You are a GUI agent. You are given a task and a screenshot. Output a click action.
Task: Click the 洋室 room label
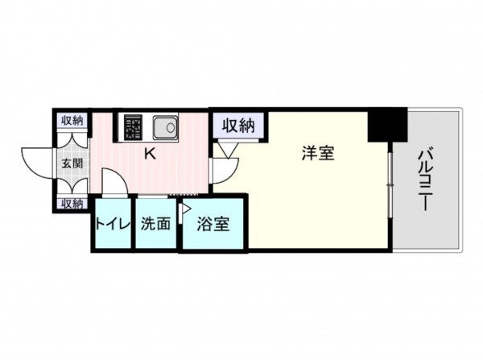[x=317, y=154]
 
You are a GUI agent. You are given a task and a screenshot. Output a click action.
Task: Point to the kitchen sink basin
[x=166, y=126]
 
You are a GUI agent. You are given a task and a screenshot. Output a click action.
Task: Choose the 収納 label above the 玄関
[x=72, y=121]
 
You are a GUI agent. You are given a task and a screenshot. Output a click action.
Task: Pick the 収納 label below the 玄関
[x=72, y=204]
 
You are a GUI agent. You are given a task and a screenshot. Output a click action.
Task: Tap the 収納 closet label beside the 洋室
[x=238, y=125]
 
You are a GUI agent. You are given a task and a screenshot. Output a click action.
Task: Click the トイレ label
[x=113, y=224]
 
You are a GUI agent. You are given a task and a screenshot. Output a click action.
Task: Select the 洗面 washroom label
[x=155, y=224]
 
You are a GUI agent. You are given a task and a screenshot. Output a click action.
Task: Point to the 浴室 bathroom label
[x=213, y=224]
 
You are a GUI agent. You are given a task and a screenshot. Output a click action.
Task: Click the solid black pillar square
[x=387, y=126]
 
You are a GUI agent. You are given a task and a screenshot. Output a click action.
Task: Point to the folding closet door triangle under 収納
[x=224, y=148]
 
